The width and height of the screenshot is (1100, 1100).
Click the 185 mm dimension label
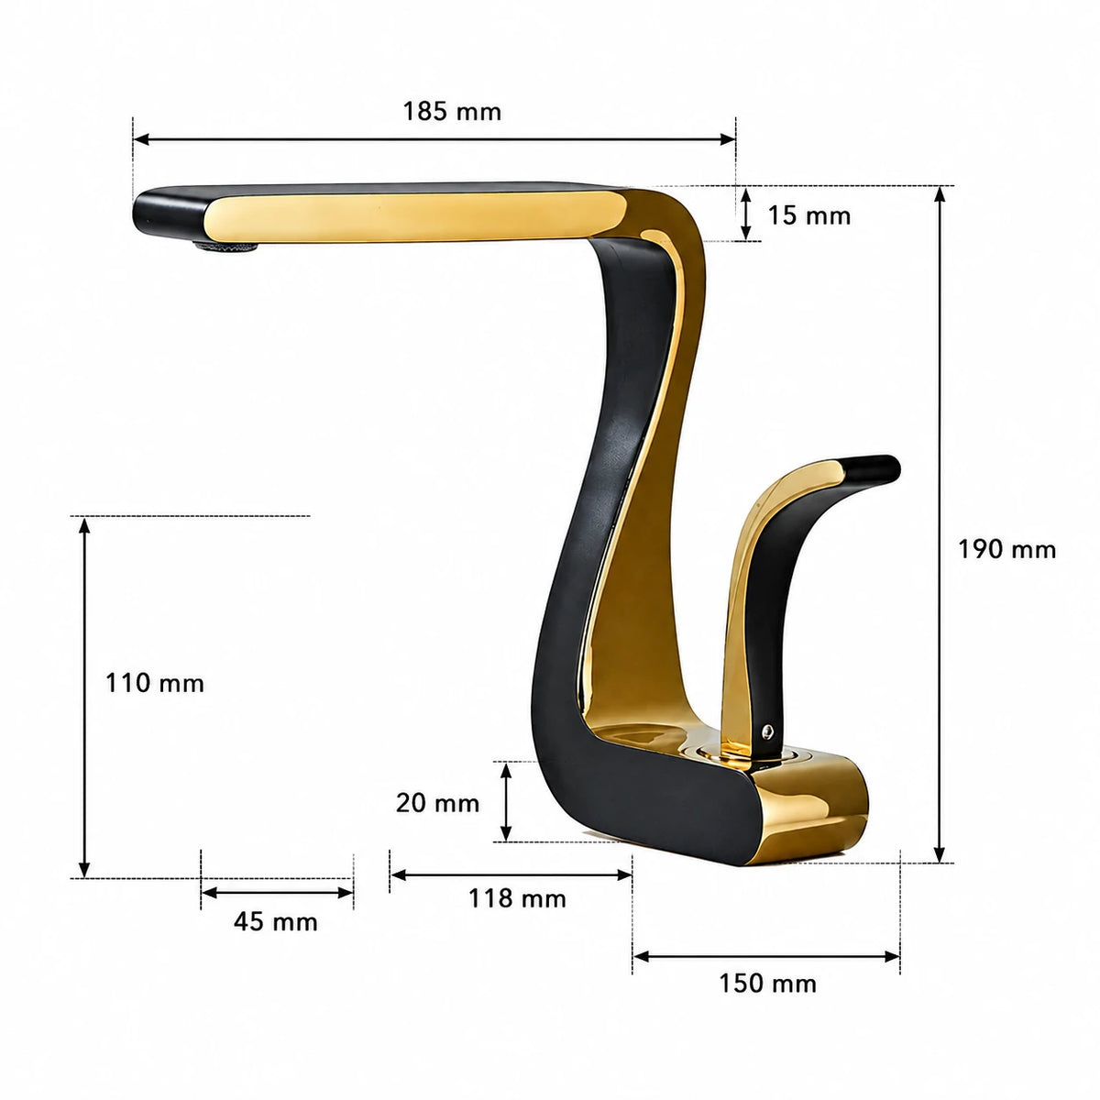452,111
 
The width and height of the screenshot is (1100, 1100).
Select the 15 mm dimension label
808,215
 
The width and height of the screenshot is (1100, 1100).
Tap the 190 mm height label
1006,550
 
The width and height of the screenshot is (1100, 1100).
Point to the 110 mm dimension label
155,683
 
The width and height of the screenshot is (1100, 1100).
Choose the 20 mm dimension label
437,803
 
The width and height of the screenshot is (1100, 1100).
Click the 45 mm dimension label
276,922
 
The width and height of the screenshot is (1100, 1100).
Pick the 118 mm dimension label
517,898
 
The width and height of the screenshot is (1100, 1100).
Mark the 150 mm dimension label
767,984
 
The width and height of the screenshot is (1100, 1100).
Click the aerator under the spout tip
226,247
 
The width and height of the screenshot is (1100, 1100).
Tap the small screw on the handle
768,730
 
